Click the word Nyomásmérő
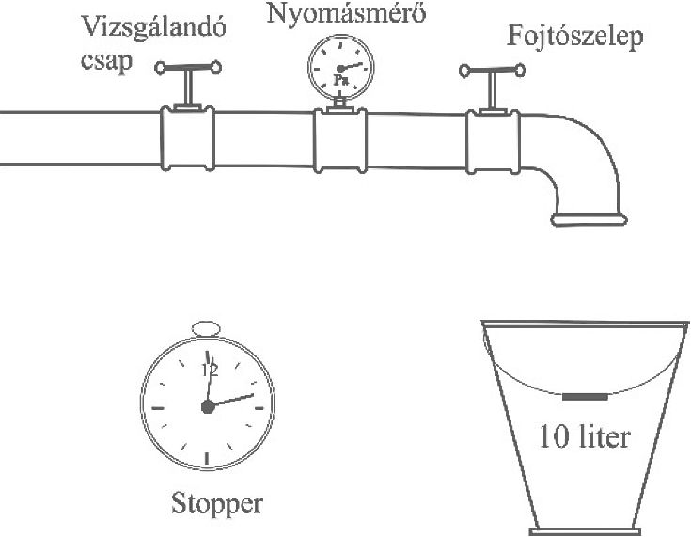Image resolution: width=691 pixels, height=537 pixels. coord(346,14)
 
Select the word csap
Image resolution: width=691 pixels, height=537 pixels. coord(106,61)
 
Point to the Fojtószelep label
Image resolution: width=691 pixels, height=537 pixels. coord(574,38)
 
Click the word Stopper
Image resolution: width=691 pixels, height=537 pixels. coord(217,503)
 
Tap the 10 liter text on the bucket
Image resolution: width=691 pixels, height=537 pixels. coord(585,437)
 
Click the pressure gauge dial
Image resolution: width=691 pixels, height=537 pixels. coord(340,69)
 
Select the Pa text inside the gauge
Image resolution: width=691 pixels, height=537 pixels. coord(340,80)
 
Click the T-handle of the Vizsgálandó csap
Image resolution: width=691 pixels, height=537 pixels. coord(188,68)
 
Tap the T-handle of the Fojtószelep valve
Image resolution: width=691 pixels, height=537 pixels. coord(493,71)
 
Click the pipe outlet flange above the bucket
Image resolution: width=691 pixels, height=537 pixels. coord(589,219)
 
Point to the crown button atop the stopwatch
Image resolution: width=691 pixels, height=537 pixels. coord(206,328)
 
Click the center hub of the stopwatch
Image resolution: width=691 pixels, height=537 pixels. coord(208,407)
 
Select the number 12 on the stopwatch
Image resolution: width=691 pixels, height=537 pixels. coord(211,371)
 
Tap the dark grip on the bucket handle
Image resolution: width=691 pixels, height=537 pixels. coord(585,397)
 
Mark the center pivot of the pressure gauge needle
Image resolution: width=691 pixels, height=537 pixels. coord(340,69)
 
